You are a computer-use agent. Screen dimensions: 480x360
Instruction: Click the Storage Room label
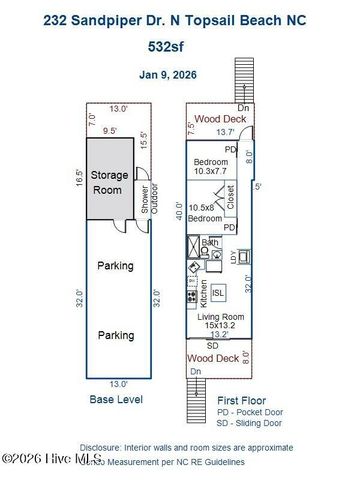coord(110,182)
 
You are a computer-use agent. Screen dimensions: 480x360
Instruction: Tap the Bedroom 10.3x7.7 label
coord(214,166)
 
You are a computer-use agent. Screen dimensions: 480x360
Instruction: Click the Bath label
coord(211,242)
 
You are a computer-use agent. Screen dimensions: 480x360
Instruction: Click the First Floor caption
coord(243,399)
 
